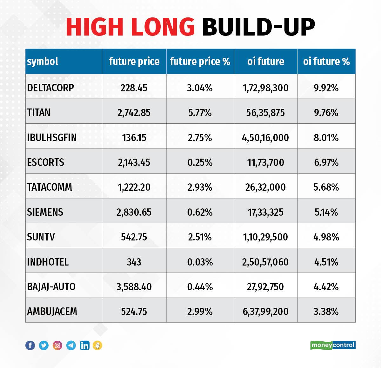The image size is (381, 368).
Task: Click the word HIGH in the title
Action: coord(94,27)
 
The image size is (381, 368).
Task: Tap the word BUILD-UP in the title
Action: coord(258,27)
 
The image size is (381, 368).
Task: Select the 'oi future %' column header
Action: coord(326,62)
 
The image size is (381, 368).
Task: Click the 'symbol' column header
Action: coord(43,62)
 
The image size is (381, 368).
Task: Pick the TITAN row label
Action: coord(38,113)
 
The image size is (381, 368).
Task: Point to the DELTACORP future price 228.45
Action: coord(134,88)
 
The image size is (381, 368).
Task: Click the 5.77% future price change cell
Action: coord(200,113)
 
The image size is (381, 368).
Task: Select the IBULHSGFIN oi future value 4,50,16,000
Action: coord(265,138)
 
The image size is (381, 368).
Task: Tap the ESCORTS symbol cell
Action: coord(45,162)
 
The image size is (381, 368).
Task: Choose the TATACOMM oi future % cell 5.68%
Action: coord(326,187)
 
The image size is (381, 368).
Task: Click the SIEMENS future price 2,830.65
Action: coord(134,212)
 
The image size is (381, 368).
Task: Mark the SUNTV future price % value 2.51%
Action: coord(200,237)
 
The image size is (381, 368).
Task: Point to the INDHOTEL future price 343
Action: coord(134,262)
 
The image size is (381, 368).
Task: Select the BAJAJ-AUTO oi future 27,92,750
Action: coord(265,287)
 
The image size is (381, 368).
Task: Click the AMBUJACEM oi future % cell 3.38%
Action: coord(326,312)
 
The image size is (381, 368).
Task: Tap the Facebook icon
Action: coord(30,345)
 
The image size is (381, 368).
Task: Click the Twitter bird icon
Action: coord(44,345)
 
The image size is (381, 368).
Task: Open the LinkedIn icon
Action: coord(84,345)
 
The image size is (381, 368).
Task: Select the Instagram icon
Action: coord(57,345)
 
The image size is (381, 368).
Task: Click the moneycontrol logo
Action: coord(333,345)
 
